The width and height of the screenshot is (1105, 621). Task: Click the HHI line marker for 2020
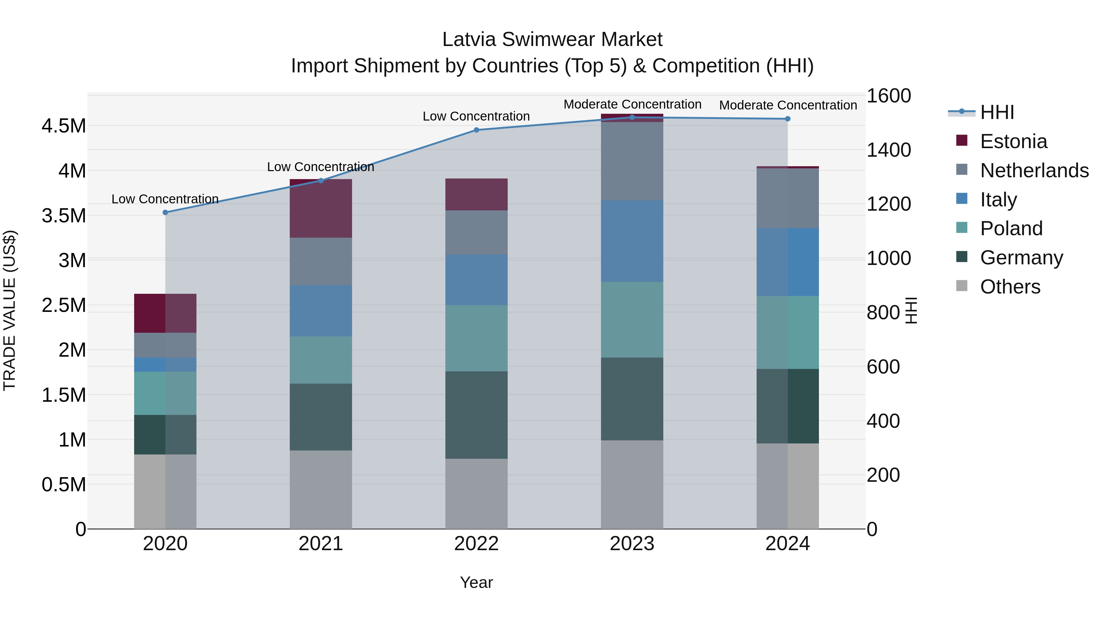click(165, 213)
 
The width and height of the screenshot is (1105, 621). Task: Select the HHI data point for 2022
click(476, 130)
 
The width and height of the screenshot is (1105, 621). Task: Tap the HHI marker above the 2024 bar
click(788, 119)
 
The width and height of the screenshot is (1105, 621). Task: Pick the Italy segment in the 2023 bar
click(632, 241)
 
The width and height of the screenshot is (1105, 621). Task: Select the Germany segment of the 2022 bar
click(476, 415)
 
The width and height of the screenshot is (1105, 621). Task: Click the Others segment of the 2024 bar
click(788, 486)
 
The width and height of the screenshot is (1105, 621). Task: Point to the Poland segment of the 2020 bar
click(165, 393)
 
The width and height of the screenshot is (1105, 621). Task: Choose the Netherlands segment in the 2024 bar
click(788, 198)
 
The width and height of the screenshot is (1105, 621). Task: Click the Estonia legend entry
click(1013, 141)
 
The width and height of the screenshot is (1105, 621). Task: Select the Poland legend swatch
click(962, 228)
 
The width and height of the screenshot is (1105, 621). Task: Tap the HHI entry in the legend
click(997, 112)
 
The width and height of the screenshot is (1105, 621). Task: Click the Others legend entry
click(1010, 287)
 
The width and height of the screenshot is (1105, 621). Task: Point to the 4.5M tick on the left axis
click(64, 126)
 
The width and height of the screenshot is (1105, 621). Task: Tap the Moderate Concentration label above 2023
click(632, 104)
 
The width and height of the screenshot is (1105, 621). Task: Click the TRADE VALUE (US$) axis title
click(10, 310)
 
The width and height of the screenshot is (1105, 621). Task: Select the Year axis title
click(476, 582)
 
